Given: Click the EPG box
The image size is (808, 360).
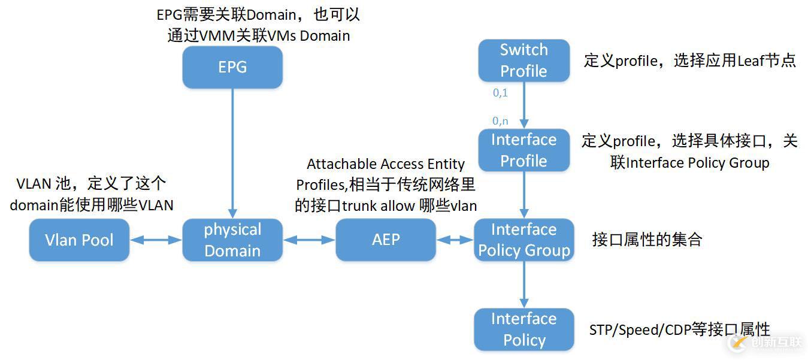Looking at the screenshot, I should click(x=232, y=67).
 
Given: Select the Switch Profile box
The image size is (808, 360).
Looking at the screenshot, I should click(x=523, y=60).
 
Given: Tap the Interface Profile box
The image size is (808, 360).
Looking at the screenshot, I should click(x=523, y=150).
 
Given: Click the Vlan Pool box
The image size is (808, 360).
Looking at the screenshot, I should click(x=79, y=240).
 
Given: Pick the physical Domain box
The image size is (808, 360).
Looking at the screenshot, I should click(x=232, y=240).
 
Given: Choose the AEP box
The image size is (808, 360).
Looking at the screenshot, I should click(x=386, y=240).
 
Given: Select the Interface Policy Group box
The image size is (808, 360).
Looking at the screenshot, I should click(x=524, y=240).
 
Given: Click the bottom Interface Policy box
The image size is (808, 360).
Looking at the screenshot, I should click(x=524, y=329).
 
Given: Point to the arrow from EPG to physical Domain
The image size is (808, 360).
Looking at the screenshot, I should click(x=232, y=153).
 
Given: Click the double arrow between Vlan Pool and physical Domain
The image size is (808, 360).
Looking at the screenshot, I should click(x=156, y=240).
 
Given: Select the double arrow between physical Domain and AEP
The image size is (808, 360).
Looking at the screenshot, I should click(x=309, y=240).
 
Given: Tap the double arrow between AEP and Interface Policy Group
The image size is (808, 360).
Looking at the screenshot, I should click(x=455, y=240).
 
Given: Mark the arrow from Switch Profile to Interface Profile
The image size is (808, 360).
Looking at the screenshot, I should click(x=524, y=105).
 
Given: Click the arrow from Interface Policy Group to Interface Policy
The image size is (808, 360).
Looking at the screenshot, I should click(x=524, y=285).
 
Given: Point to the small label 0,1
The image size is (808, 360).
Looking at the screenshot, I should click(x=500, y=93).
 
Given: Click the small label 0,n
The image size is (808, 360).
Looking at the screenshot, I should click(x=500, y=121).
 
